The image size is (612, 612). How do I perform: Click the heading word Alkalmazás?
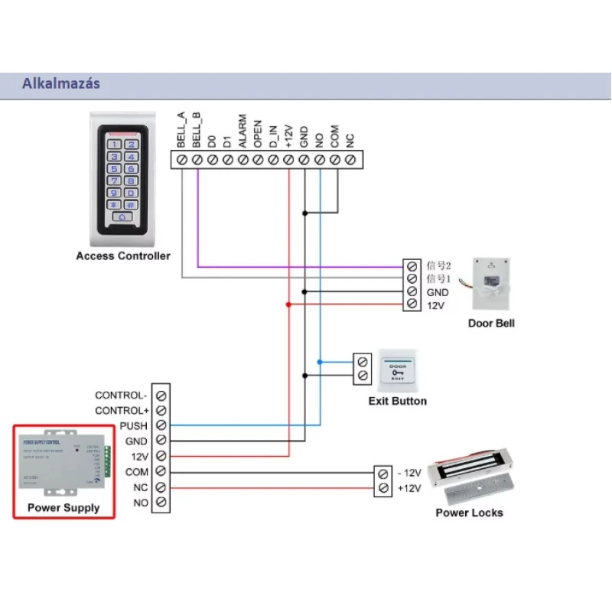[x=62, y=84]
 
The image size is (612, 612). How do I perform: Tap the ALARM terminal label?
[x=243, y=131]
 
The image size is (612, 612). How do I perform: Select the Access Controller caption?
[x=123, y=256]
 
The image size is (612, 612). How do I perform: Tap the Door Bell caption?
[x=491, y=324]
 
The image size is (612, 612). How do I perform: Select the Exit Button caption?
[x=398, y=401]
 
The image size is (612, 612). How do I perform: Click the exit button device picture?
[x=397, y=368]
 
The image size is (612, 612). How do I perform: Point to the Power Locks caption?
[x=469, y=513]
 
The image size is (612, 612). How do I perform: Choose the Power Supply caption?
[x=63, y=507]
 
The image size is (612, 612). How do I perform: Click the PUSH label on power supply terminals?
[x=134, y=425]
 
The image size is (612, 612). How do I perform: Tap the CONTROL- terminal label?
[x=121, y=396]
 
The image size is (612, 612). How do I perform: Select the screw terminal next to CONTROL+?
[x=161, y=411]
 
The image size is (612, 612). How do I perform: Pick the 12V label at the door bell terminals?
[x=435, y=305]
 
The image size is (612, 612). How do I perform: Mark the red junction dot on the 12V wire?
[x=288, y=304]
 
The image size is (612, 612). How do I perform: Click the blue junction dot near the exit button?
[x=320, y=361]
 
